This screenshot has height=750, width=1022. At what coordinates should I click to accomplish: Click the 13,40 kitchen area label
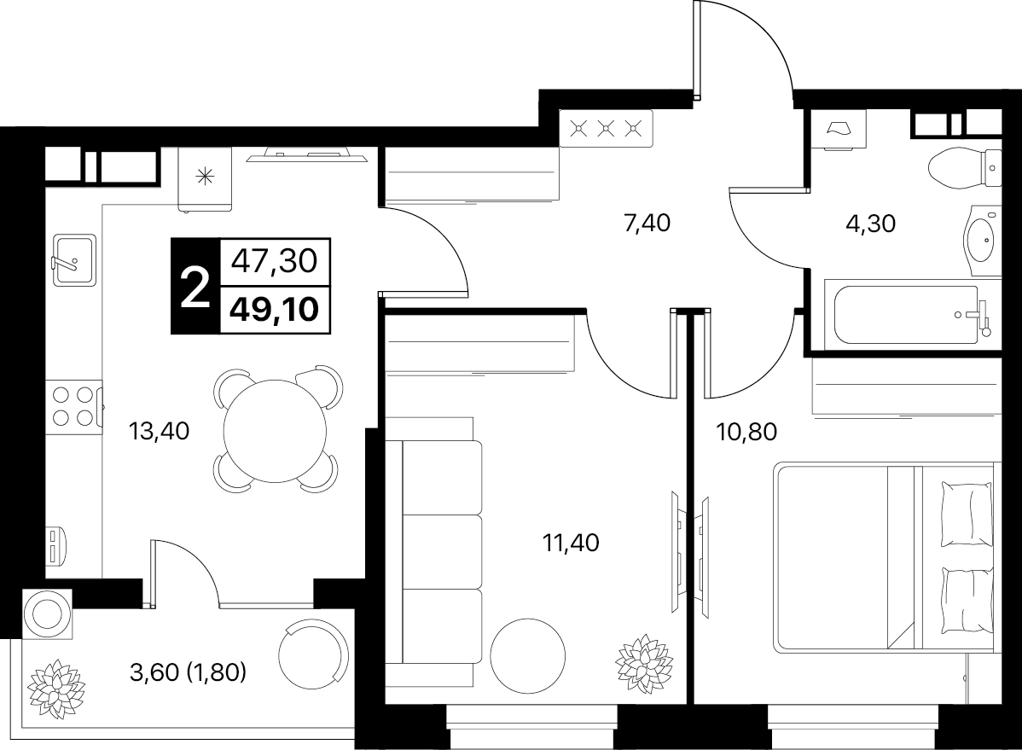point(159,430)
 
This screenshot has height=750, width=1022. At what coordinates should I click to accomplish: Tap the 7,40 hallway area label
point(647,223)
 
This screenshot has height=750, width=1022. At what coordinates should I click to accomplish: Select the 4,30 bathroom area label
point(871,224)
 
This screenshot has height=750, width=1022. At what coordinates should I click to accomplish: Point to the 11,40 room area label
point(571,542)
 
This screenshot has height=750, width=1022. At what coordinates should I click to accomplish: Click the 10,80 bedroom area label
point(746,431)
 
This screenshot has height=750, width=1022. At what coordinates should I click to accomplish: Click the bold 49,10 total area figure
point(275,309)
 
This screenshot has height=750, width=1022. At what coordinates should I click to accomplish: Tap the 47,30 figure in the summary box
point(275,261)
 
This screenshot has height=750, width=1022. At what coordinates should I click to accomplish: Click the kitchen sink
point(74,259)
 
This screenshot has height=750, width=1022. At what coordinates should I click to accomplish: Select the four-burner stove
point(73,406)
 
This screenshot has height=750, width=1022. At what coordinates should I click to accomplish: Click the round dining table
point(275,431)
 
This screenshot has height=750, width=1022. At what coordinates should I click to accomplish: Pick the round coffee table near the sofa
point(528,656)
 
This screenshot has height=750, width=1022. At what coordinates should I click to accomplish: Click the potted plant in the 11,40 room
point(644,663)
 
